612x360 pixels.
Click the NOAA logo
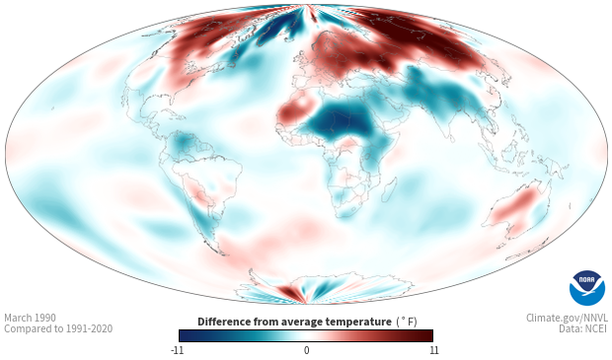pyautogui.click(x=587, y=288)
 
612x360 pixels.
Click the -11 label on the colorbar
pyautogui.click(x=177, y=350)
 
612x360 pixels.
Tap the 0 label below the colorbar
pyautogui.click(x=306, y=350)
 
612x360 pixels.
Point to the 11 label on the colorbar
pyautogui.click(x=433, y=350)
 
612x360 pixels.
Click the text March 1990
pyautogui.click(x=30, y=318)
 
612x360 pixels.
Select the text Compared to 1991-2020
pyautogui.click(x=58, y=328)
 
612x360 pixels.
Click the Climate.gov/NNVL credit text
pyautogui.click(x=567, y=318)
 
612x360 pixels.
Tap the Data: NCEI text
pyautogui.click(x=583, y=328)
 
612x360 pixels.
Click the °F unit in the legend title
pyautogui.click(x=407, y=323)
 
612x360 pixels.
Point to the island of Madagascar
pyautogui.click(x=390, y=189)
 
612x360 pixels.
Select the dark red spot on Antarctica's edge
pyautogui.click(x=289, y=292)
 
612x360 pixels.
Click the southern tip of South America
pyautogui.click(x=222, y=254)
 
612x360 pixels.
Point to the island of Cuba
pyautogui.click(x=173, y=113)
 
